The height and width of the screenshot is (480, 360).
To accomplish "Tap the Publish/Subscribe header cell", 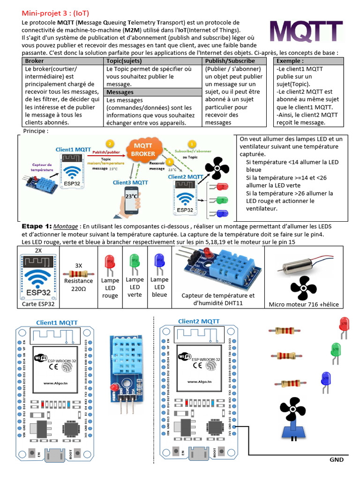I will coord(230,61).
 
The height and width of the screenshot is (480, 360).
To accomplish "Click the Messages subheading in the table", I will coord(120,92).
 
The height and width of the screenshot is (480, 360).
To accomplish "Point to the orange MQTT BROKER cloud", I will coord(143,150).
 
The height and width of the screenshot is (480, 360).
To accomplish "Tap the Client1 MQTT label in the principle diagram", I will coord(74,150).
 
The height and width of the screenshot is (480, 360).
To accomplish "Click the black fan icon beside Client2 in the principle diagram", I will coord(217,168).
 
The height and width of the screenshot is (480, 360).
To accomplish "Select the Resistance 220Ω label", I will coord(78,285).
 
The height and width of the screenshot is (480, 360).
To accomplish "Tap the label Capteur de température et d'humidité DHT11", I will coord(218,300).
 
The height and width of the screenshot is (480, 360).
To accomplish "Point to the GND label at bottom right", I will coord(336,459).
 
